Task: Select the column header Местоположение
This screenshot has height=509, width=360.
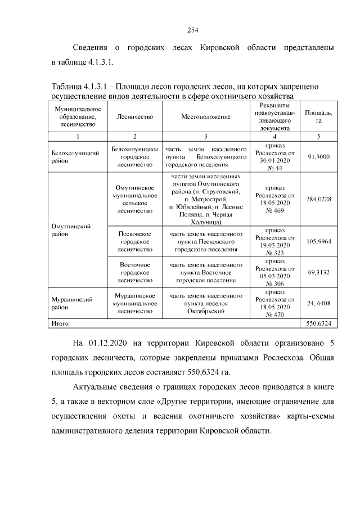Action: pos(206,117)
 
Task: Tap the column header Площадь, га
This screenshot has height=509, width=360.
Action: pos(318,117)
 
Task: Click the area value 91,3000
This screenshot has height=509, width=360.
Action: pos(318,157)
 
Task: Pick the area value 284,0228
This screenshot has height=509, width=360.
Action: pos(318,199)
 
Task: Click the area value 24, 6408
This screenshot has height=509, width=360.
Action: pos(318,303)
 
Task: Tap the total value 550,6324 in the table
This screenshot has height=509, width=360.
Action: pos(318,324)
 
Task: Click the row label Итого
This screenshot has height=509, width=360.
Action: pos(60,324)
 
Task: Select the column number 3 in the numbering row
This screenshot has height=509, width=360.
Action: pos(206,136)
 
